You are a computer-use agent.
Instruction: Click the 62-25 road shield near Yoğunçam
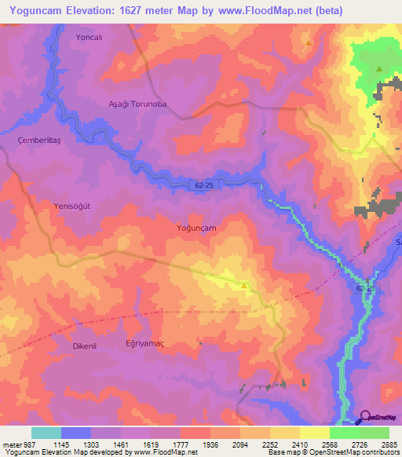pos(202,186)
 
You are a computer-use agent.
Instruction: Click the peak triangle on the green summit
pos(379,69)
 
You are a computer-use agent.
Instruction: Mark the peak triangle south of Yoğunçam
pos(244,285)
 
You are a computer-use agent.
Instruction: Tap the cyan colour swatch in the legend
pos(46,433)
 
